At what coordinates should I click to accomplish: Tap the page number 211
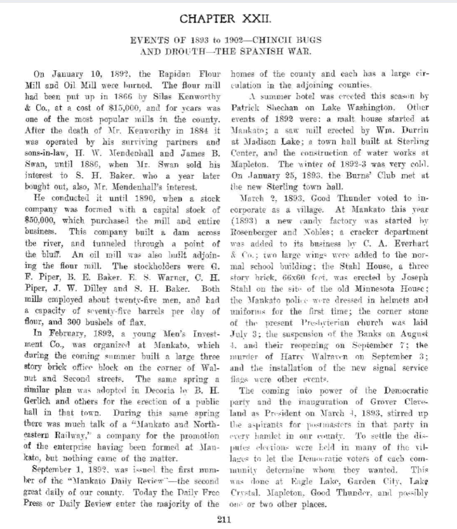[x=223, y=519]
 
